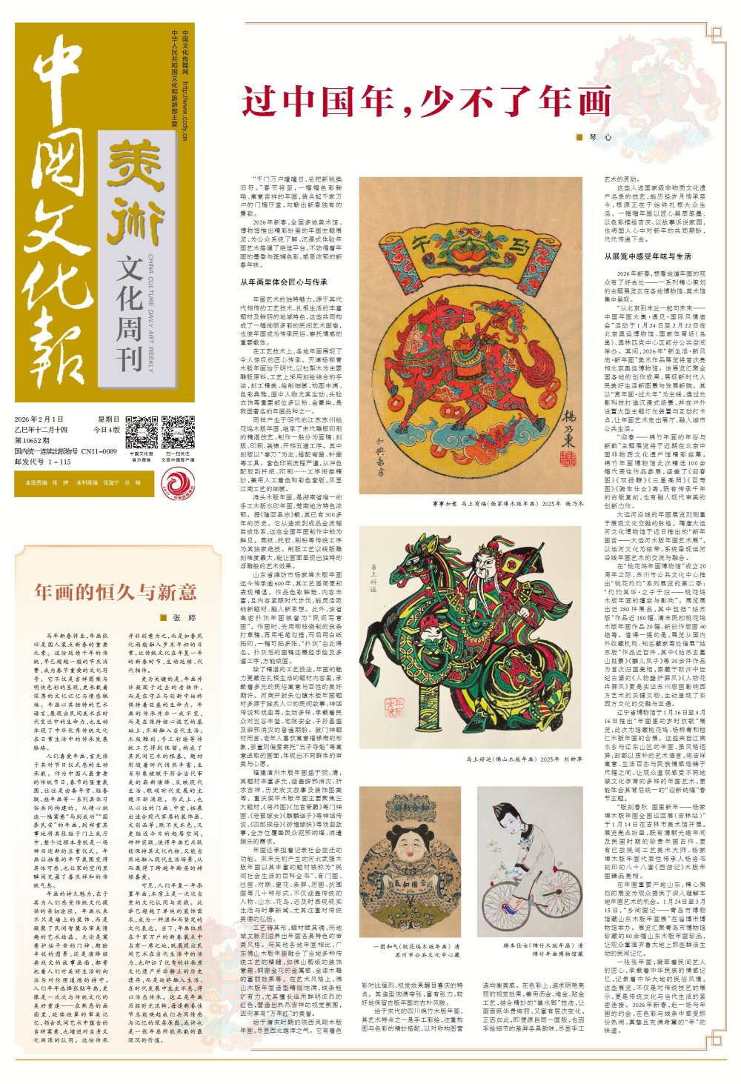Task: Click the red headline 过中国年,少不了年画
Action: click(x=427, y=102)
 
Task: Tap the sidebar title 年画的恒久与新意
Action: click(x=116, y=591)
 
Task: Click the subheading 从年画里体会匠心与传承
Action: click(x=283, y=282)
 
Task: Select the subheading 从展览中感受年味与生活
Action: click(x=648, y=256)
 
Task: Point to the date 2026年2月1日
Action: click(x=39, y=419)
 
